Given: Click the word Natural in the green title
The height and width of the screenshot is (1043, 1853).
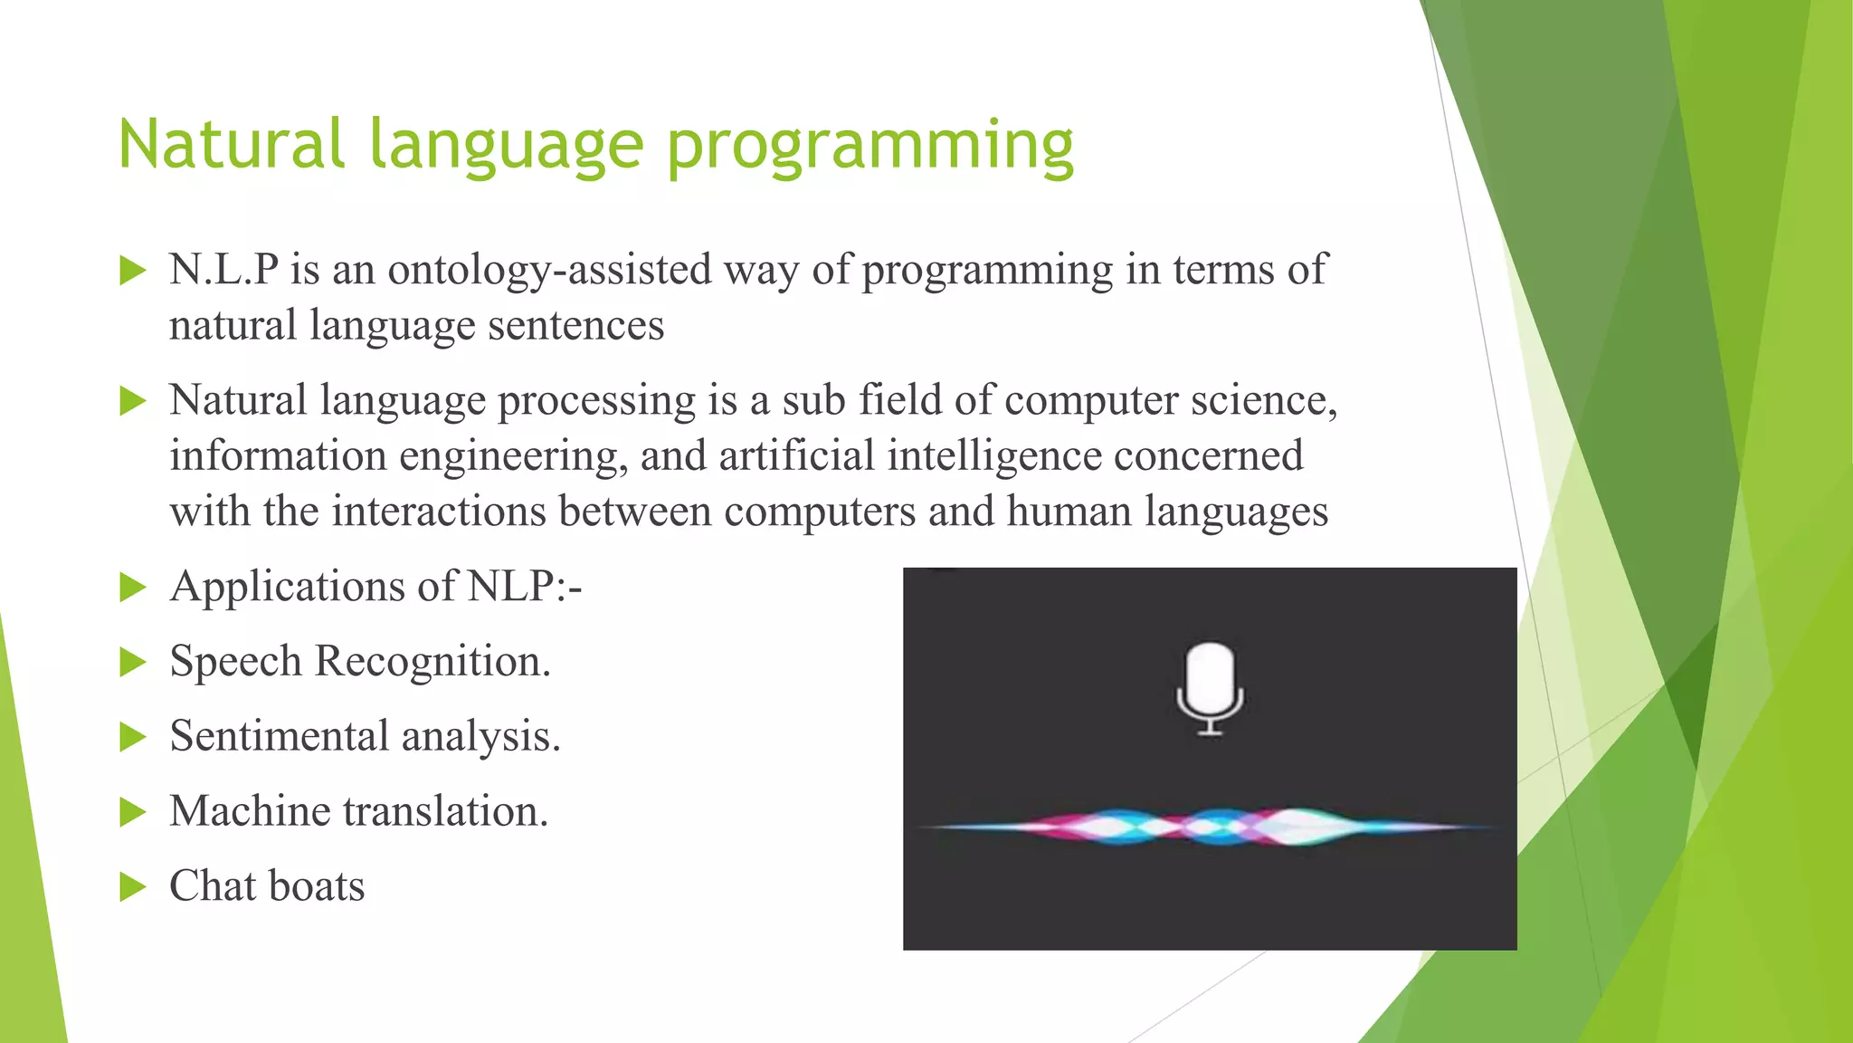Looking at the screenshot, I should pyautogui.click(x=232, y=145).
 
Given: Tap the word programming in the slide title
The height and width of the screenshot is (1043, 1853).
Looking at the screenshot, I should pyautogui.click(x=869, y=147).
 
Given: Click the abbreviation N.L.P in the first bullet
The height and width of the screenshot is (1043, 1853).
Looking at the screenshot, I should pyautogui.click(x=223, y=270).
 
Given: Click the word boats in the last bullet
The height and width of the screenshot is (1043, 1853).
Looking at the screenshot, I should pyautogui.click(x=317, y=886).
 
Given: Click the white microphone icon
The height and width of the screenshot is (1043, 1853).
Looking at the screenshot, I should pyautogui.click(x=1210, y=687).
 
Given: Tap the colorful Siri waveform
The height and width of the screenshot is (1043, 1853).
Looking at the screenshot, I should pyautogui.click(x=1210, y=826).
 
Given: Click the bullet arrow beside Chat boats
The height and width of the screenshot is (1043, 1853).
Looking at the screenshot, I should pyautogui.click(x=132, y=887).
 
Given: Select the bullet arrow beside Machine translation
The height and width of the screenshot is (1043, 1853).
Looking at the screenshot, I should pyautogui.click(x=132, y=812).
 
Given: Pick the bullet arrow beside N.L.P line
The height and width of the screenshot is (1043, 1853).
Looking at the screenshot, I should pyautogui.click(x=132, y=271).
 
